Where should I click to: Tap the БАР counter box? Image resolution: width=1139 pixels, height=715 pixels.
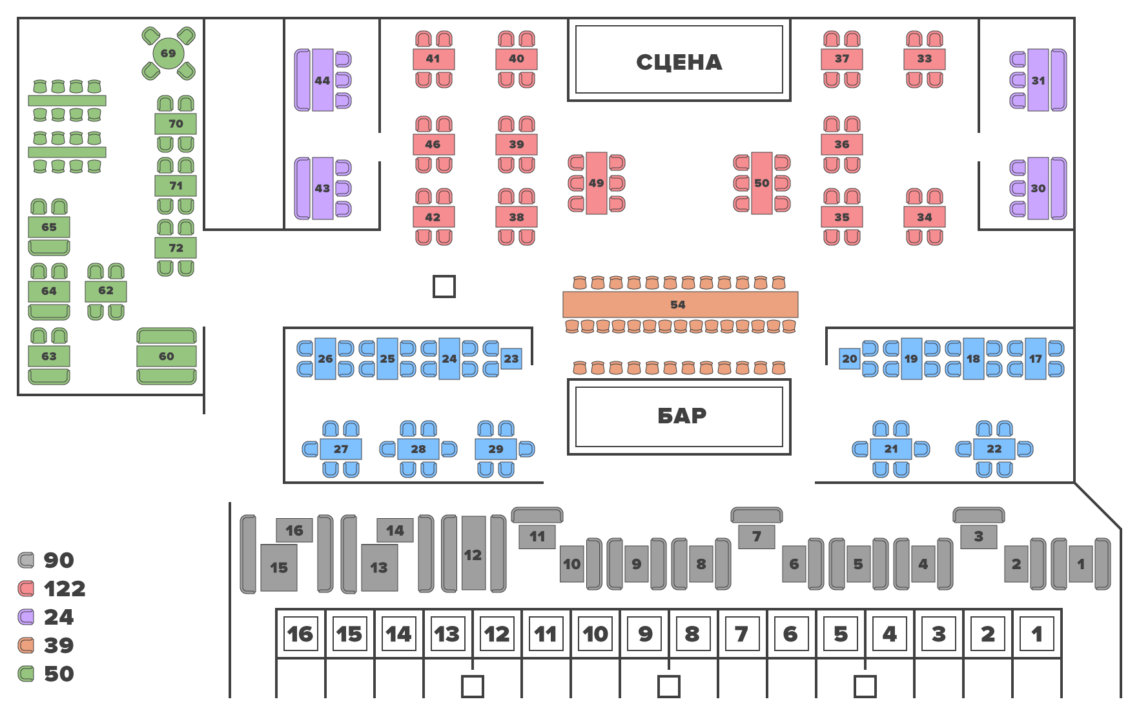coord(679,416)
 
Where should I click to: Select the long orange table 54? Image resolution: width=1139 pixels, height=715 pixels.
coord(680,305)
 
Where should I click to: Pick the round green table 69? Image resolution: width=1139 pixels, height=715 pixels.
coord(168,54)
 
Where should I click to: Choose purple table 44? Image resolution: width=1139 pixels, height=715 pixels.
coord(322,80)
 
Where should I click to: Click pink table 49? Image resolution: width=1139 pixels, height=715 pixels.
coord(596,183)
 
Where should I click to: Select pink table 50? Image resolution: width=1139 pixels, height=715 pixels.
coord(762,183)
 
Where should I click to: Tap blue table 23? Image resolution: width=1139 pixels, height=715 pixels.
coord(511,359)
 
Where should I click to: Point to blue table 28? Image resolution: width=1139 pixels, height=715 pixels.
coord(418,449)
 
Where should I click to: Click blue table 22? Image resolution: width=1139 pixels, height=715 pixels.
coord(994,449)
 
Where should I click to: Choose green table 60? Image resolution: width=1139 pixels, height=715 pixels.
coord(166,356)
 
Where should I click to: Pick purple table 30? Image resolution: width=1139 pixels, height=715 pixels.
coord(1038,188)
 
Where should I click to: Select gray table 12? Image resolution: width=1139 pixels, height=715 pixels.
coord(473,554)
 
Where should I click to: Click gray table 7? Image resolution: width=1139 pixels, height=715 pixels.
coord(757,536)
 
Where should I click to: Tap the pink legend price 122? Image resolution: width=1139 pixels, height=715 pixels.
coord(65,589)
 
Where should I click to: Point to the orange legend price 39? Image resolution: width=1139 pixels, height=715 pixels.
coord(59,645)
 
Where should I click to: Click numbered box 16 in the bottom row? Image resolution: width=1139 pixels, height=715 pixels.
coord(300,634)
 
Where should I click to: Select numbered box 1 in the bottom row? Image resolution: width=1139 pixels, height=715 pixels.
coord(1036,634)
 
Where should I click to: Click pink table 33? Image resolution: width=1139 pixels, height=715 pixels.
coord(925,59)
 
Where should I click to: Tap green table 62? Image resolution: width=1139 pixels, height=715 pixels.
coord(106,291)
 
